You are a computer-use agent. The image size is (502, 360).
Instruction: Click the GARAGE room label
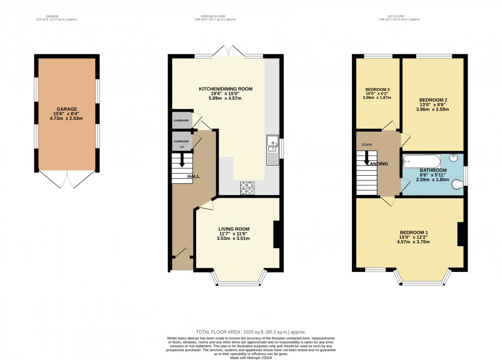tap(67, 109)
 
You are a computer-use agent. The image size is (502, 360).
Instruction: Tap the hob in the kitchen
tap(247, 188)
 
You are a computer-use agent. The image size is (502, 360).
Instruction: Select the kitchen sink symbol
tap(272, 150)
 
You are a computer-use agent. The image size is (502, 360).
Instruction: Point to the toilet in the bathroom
tap(458, 184)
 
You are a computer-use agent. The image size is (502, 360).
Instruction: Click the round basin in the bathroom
tap(454, 158)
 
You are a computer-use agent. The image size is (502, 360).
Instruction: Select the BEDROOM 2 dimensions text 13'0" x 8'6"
tap(432, 104)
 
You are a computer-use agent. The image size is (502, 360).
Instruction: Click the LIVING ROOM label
tap(234, 229)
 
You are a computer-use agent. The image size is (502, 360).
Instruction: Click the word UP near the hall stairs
tap(180, 146)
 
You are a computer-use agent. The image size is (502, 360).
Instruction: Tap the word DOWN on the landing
tap(367, 145)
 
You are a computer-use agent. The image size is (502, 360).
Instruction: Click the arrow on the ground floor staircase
tap(181, 159)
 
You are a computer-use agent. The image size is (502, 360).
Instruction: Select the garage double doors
tap(67, 179)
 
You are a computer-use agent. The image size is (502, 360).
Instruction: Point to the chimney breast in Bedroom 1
tap(460, 234)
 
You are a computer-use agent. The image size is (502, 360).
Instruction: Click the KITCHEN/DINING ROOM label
tap(226, 89)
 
